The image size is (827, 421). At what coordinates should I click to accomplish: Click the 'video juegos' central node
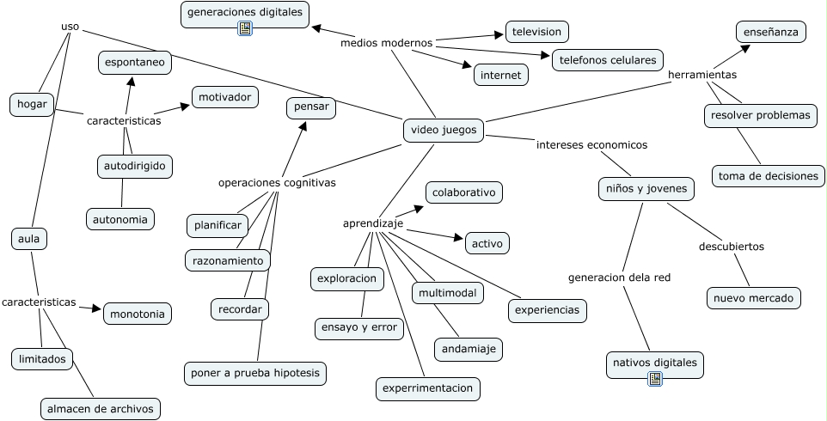pos(444,131)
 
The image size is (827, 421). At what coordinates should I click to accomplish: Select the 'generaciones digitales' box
pos(245,12)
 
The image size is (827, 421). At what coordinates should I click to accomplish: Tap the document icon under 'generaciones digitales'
pos(245,28)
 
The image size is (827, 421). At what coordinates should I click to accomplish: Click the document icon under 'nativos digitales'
pos(655,377)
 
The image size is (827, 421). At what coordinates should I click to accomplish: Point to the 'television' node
pos(536,32)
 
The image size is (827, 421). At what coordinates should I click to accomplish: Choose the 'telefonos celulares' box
pos(608,60)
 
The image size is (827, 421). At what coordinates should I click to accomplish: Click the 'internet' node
pos(500,76)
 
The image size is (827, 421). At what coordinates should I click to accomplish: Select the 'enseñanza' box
pos(771,32)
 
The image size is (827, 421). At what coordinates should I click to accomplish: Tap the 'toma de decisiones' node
pos(768,176)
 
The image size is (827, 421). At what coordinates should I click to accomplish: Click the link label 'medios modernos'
pos(386,42)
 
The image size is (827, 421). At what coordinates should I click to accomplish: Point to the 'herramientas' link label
pos(702,75)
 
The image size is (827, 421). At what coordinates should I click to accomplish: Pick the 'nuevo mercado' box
pos(754,298)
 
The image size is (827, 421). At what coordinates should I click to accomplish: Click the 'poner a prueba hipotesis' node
pos(255,373)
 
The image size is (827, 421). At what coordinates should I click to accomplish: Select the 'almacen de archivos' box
pos(101,408)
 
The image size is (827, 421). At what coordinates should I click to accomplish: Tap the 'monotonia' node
pos(138,314)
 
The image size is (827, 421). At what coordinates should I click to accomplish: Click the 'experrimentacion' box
pos(428,388)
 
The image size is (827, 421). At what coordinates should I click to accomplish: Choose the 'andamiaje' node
pos(468,349)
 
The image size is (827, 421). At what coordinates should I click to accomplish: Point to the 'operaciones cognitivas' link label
pos(277,183)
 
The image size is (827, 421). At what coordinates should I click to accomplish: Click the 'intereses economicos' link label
pos(591,145)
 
